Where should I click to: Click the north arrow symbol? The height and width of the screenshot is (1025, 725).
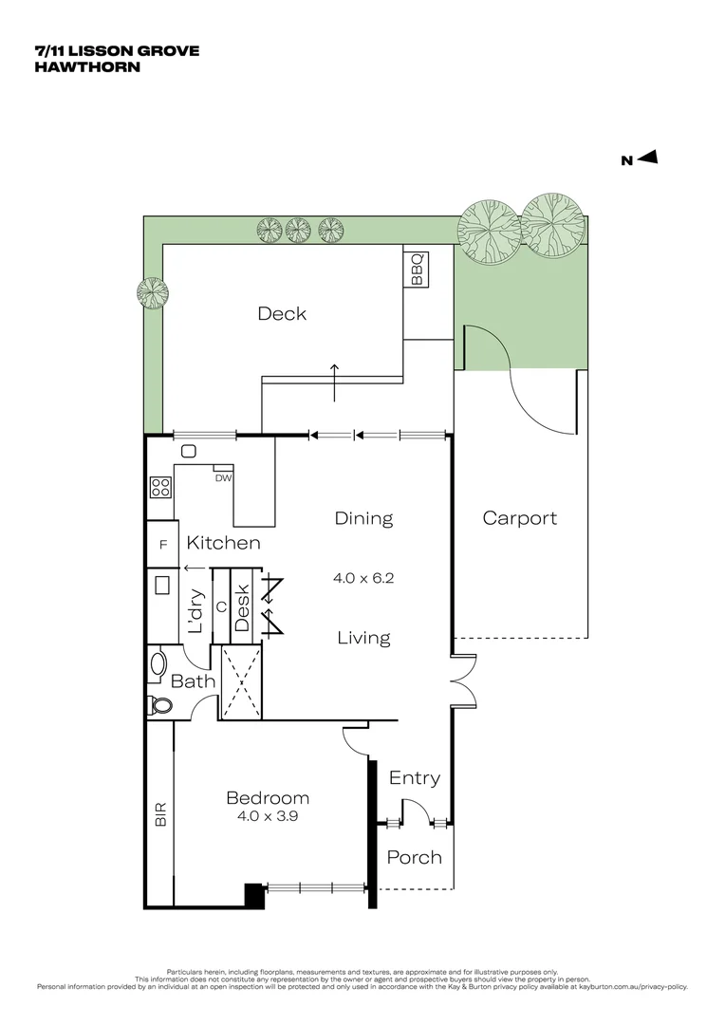pos(648,158)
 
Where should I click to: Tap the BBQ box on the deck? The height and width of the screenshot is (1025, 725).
pos(417,268)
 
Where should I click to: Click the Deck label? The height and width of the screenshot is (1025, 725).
pos(282,313)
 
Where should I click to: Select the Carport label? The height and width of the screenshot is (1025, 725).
pos(520,518)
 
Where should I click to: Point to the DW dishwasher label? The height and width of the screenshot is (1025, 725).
pos(223,478)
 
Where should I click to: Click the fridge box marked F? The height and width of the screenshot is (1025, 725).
pos(162,545)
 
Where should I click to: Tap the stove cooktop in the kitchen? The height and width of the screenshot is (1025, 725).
pos(160,488)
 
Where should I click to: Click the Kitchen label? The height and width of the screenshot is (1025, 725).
pos(223,544)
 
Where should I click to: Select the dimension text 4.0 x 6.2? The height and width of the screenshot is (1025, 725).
pos(363,577)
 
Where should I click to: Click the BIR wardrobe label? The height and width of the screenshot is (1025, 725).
pos(160,814)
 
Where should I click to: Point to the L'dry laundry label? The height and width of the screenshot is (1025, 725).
pos(195,612)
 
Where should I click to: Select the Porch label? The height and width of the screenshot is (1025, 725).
pos(415,857)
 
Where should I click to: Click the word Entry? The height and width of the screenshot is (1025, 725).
pos(415,778)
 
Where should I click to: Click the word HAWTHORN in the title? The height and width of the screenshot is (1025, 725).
pos(87,66)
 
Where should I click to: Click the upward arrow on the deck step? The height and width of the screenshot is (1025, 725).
pos(333,382)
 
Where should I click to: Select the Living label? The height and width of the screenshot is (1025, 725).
pos(363,638)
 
